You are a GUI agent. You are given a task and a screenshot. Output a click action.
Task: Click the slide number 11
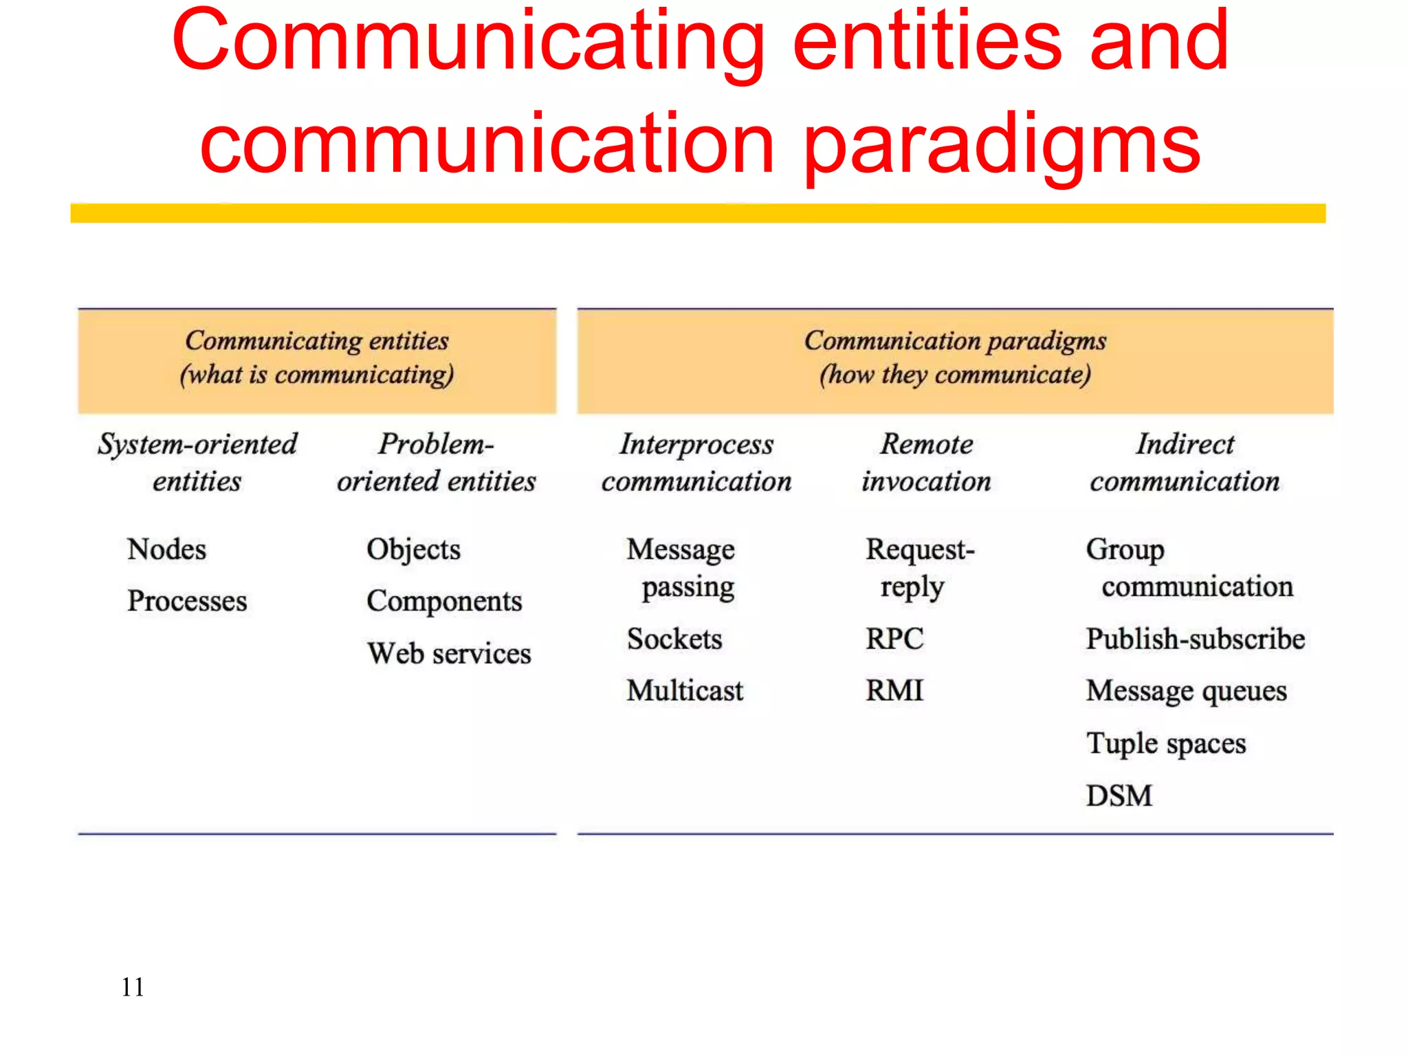pos(133,987)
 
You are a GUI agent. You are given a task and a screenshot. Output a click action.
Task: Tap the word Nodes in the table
pos(166,549)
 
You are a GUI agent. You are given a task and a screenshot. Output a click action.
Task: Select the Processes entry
pos(187,601)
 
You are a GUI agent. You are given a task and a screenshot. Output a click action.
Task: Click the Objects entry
pos(413,549)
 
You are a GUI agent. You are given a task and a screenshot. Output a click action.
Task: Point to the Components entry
pos(444,601)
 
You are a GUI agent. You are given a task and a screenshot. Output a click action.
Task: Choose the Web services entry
pos(449,653)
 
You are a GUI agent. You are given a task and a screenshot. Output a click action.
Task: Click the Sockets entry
pos(674,639)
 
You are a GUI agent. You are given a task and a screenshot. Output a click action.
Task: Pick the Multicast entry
pos(685,690)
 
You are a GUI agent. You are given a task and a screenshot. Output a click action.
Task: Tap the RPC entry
pos(894,639)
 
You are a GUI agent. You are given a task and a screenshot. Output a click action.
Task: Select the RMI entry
pos(894,690)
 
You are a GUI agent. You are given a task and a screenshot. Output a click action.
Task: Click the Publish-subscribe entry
pos(1195,639)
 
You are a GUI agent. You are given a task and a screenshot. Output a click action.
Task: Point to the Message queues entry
pos(1186,691)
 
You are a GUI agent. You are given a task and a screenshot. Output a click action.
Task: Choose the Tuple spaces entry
pos(1166,743)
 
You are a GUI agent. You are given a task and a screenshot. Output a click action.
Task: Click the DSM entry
pos(1119,795)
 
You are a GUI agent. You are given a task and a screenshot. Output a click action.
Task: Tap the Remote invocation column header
pos(927,463)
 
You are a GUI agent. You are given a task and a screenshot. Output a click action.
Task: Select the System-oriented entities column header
pos(197,463)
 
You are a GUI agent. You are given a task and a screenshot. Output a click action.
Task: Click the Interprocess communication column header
pos(696,463)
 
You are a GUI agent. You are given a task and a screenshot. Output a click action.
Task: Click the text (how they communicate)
pos(955,375)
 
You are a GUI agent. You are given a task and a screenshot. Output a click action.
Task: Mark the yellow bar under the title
pos(698,213)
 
